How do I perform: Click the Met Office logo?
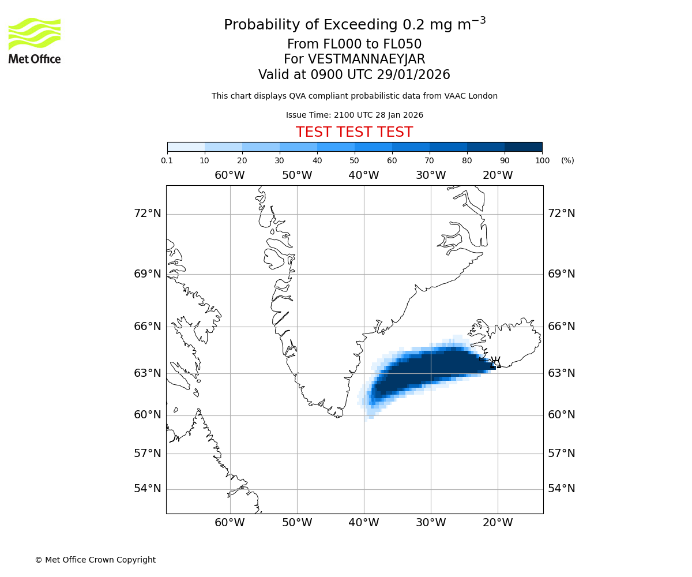pyautogui.click(x=35, y=40)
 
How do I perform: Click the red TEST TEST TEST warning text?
pyautogui.click(x=354, y=133)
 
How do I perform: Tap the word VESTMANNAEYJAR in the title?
pyautogui.click(x=367, y=59)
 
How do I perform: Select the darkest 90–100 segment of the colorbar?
pyautogui.click(x=523, y=147)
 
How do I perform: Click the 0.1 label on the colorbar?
pyautogui.click(x=167, y=160)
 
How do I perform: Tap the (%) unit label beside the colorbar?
pyautogui.click(x=567, y=160)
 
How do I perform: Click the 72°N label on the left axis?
pyautogui.click(x=148, y=213)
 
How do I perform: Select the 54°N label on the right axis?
pyautogui.click(x=561, y=489)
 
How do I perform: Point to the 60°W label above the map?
pyautogui.click(x=230, y=175)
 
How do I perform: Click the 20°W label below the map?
pyautogui.click(x=498, y=523)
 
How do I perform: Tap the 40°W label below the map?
pyautogui.click(x=364, y=523)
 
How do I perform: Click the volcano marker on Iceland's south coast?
pyautogui.click(x=495, y=363)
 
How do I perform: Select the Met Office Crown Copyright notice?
pyautogui.click(x=95, y=560)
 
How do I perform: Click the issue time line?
pyautogui.click(x=354, y=115)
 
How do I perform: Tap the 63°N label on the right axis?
pyautogui.click(x=561, y=373)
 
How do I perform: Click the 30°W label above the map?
pyautogui.click(x=431, y=175)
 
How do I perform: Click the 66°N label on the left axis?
pyautogui.click(x=148, y=327)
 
